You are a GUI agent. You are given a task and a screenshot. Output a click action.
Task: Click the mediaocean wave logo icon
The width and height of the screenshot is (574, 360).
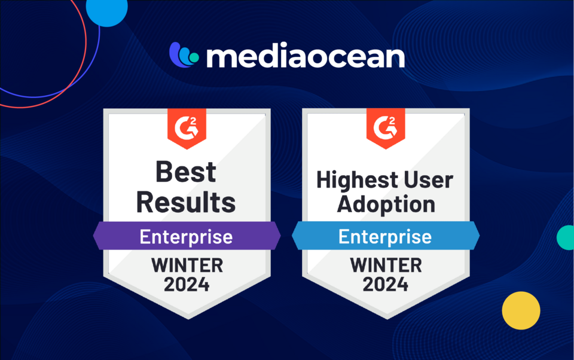(184, 55)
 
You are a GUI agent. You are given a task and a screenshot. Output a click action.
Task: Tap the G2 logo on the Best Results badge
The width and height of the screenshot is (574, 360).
(187, 128)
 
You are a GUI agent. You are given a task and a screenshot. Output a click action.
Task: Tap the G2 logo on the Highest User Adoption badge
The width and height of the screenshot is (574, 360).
(386, 128)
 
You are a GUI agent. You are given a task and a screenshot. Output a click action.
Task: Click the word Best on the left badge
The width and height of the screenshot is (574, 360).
(186, 172)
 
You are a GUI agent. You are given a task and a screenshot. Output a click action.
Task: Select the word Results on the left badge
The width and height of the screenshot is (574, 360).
(186, 202)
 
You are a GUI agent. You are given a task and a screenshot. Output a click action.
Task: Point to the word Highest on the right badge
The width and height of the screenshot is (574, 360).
(352, 181)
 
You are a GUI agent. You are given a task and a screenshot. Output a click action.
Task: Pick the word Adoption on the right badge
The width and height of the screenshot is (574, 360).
(386, 204)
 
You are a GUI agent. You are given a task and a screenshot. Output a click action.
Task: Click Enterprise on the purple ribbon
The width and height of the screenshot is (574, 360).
(186, 237)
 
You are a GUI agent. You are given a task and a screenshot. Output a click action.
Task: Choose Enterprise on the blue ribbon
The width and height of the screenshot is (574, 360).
(385, 237)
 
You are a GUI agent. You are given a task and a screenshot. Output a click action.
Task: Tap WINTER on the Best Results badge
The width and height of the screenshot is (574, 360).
(187, 266)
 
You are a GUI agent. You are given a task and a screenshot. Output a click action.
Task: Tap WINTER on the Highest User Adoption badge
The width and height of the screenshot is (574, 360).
(386, 266)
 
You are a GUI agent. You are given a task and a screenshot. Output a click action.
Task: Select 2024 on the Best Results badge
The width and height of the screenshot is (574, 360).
(187, 285)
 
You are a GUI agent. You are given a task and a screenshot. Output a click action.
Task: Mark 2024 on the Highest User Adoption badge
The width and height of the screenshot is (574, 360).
(386, 285)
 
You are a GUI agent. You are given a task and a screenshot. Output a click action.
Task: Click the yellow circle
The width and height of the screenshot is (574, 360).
(521, 310)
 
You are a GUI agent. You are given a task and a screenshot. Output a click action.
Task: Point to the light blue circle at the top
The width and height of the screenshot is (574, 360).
(106, 11)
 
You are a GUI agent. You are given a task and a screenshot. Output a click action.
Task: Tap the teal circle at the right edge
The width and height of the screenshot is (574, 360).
(566, 237)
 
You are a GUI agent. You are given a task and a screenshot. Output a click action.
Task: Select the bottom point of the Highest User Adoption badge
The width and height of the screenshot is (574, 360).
(387, 319)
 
